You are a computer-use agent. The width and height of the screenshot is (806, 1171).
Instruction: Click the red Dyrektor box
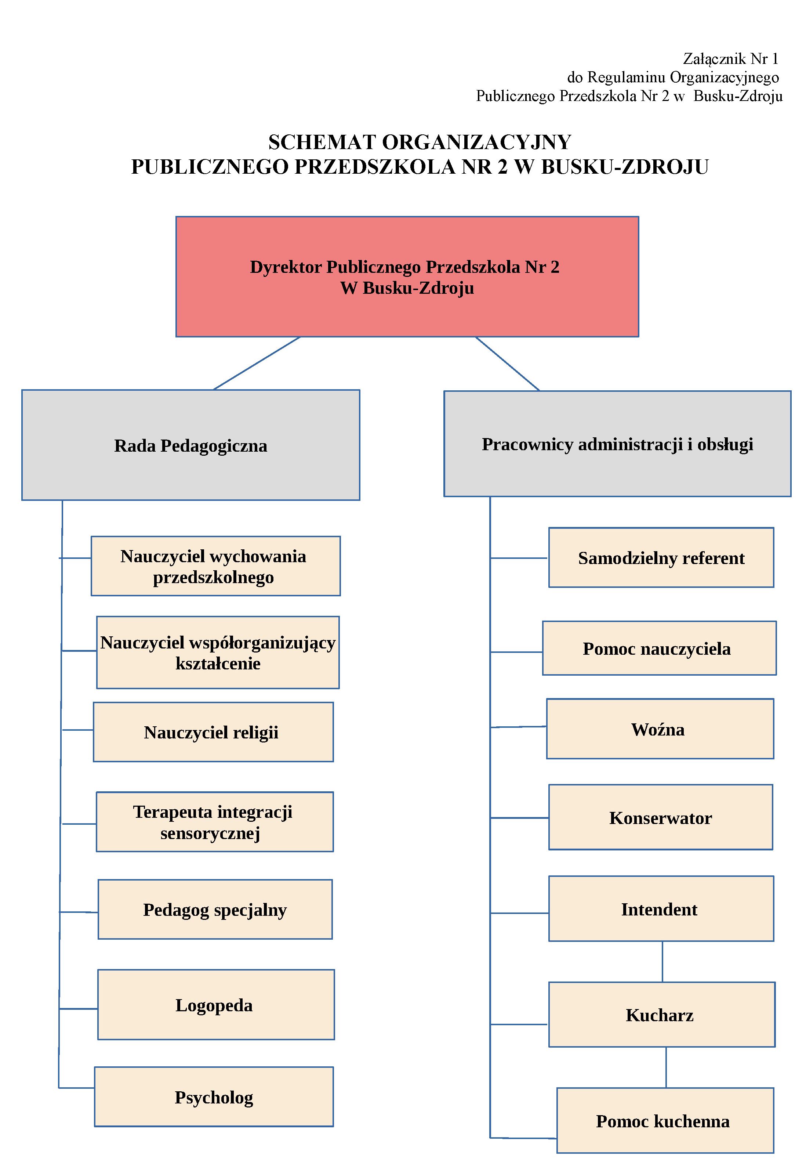[407, 277]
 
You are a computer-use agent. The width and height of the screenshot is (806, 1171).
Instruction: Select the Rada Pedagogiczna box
[190, 445]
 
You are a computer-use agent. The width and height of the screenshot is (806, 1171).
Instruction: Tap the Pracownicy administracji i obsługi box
[617, 444]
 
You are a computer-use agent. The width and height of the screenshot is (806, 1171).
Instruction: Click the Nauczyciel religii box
[213, 731]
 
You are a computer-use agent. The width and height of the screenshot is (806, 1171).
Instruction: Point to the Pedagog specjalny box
[215, 909]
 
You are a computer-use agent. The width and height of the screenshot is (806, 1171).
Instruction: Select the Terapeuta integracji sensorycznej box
[215, 822]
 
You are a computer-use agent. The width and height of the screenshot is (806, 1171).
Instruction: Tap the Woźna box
[660, 729]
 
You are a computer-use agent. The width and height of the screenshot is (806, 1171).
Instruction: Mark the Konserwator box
[661, 817]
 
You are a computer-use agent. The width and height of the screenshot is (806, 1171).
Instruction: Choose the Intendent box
[661, 908]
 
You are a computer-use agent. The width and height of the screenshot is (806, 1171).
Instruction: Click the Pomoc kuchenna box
[665, 1120]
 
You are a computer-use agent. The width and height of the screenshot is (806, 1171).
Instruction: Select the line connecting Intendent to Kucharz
[662, 961]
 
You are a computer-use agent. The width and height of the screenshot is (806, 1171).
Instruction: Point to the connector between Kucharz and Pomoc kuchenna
[665, 1067]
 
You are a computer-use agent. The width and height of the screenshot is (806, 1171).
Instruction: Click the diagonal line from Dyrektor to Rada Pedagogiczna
[257, 363]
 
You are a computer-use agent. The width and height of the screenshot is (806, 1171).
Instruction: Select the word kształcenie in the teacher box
[218, 663]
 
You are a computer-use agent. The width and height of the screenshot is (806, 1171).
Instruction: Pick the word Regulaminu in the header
[626, 78]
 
